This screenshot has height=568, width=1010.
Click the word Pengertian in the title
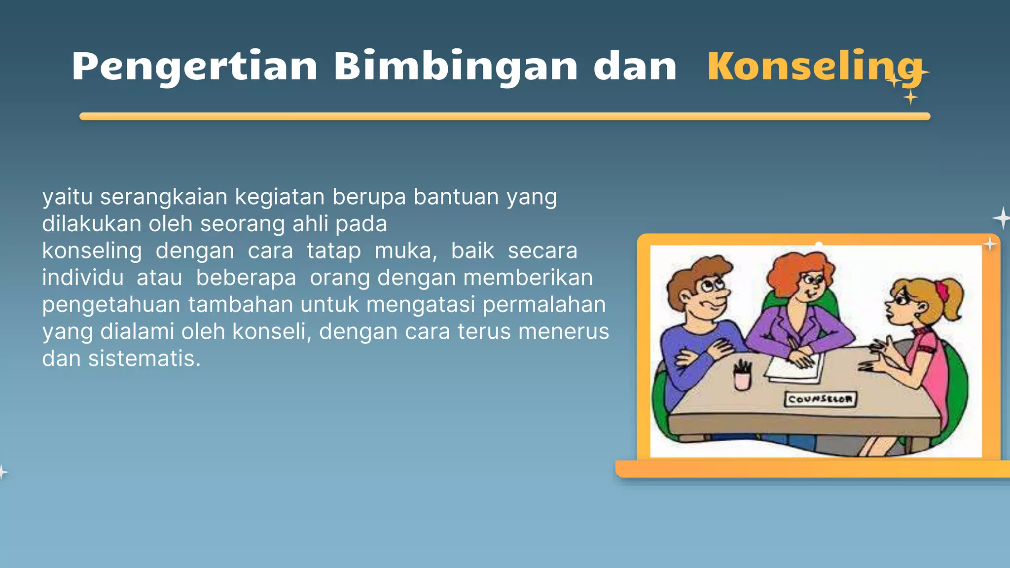coord(194,67)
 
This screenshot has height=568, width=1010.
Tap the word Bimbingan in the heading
coord(456,67)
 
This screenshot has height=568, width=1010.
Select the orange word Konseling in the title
coord(814,67)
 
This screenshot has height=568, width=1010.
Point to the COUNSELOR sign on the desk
coord(820,399)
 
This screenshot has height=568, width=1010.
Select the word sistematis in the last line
coord(144,358)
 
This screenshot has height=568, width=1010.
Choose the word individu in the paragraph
coord(82,278)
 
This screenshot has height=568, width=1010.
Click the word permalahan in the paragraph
coord(544,305)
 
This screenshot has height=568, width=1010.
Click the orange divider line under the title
coord(505,116)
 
